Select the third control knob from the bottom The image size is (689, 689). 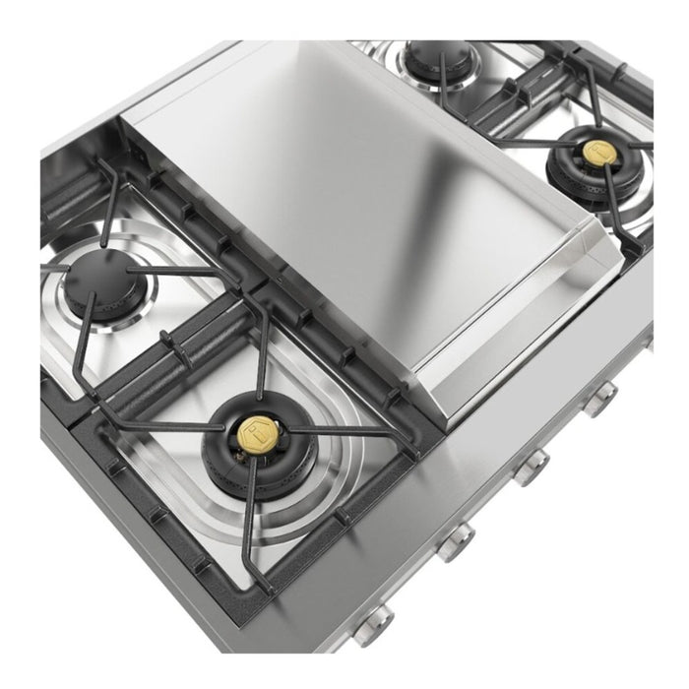coord(532,462)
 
